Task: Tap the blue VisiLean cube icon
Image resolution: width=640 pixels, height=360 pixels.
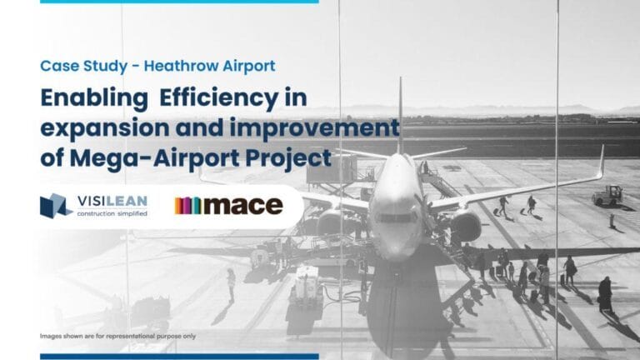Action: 57,205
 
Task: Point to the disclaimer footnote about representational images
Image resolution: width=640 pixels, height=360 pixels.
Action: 117,336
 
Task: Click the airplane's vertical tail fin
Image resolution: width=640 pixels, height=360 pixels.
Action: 400,112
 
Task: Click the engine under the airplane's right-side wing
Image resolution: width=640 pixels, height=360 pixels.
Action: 465,223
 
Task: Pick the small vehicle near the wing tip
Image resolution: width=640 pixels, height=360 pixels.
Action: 607,195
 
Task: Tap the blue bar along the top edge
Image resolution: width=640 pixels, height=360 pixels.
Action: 179,2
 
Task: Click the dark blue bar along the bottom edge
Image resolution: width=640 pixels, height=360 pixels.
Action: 179,356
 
